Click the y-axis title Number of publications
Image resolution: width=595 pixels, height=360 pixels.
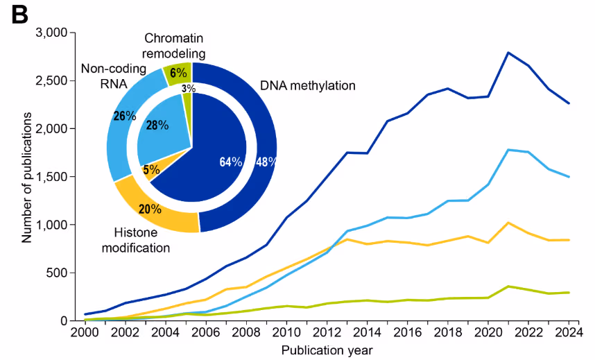[27, 177]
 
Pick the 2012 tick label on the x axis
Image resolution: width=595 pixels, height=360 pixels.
[327, 333]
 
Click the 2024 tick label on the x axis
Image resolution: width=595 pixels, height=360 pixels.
[569, 333]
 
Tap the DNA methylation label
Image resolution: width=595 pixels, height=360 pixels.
[307, 85]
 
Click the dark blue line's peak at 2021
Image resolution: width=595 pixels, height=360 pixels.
[508, 53]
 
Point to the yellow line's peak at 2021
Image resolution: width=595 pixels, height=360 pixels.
[508, 223]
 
